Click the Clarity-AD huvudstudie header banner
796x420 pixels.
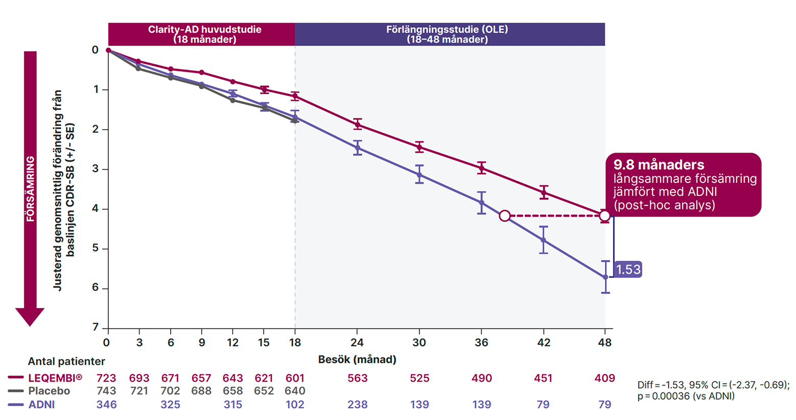[204, 34]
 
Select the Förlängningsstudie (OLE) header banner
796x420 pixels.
[447, 34]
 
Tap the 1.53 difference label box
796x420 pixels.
[628, 269]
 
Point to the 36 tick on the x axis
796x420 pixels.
[481, 342]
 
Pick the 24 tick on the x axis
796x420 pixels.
[357, 342]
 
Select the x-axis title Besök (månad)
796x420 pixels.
[357, 360]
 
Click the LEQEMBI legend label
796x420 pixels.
[55, 378]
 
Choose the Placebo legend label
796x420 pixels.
[49, 391]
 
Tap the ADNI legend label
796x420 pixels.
[41, 405]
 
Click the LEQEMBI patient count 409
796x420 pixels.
[604, 378]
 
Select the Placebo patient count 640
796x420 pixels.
[295, 391]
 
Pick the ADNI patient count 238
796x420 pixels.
[357, 405]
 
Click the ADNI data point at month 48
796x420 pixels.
[605, 277]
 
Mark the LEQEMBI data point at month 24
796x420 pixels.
[357, 124]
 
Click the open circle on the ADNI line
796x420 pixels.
[505, 216]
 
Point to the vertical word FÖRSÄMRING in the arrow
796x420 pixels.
[31, 189]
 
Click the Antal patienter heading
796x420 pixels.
[66, 361]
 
